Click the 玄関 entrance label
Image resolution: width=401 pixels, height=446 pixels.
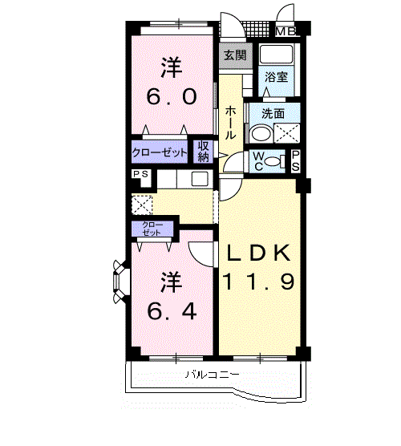(234, 55)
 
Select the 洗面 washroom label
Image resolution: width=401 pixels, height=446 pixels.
(273, 114)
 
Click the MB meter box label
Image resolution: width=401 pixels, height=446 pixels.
(286, 32)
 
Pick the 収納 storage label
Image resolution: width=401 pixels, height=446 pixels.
(204, 151)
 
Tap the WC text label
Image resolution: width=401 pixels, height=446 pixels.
(260, 160)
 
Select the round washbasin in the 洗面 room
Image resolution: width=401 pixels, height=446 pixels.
(261, 134)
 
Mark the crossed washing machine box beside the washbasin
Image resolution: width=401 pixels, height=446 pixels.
(287, 134)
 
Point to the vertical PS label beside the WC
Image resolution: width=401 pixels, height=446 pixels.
(295, 160)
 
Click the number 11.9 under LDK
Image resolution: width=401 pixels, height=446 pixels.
(261, 282)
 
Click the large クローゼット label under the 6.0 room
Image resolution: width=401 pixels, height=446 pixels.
(160, 152)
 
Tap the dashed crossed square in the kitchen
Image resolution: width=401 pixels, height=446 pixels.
(141, 203)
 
